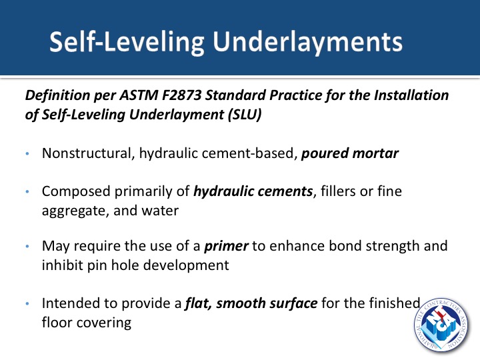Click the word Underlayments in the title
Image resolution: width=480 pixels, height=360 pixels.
(x=307, y=42)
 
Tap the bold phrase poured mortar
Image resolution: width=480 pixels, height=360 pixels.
(x=350, y=153)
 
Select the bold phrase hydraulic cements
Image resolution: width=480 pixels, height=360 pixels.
(x=253, y=191)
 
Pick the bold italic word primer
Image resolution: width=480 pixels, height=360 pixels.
(x=226, y=246)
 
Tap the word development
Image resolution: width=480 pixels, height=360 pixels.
(x=171, y=265)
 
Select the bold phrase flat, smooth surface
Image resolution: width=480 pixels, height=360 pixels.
(x=251, y=303)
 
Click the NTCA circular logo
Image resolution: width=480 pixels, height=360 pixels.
(x=441, y=325)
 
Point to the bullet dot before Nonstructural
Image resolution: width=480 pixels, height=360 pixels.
(x=27, y=154)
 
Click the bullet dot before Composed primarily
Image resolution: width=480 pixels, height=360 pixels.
(x=27, y=192)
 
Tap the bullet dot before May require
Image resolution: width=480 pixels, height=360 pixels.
(x=27, y=247)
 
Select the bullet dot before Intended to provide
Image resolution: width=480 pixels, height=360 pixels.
(x=27, y=304)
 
